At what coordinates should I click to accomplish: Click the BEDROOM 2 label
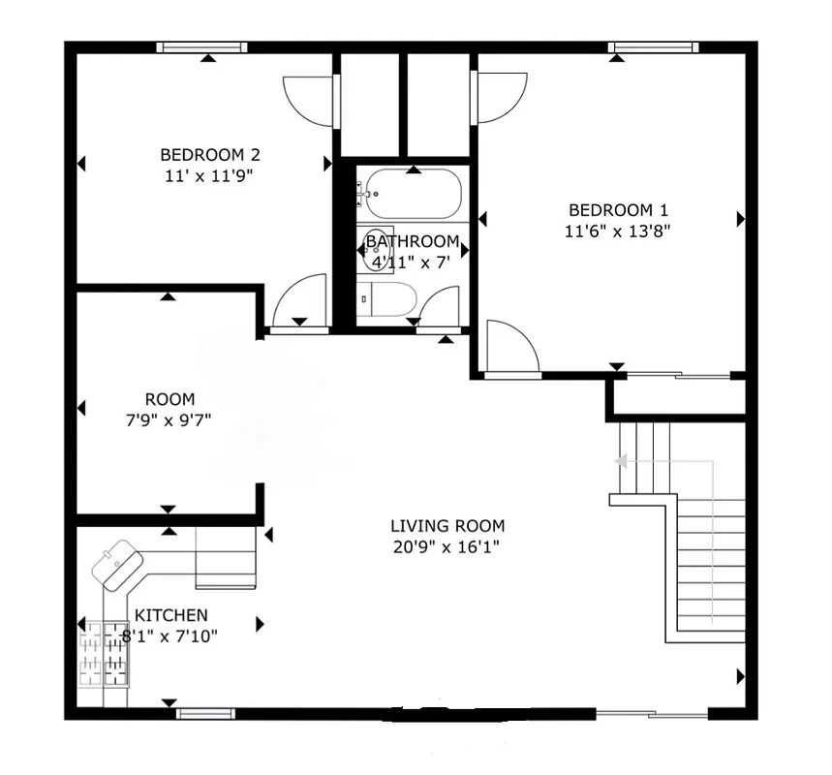coord(210,154)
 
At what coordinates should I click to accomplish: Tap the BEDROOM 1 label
coord(618,210)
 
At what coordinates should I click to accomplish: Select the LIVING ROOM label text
coord(447,526)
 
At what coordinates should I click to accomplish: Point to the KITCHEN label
coord(170,615)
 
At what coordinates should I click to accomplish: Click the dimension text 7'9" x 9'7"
coord(169,419)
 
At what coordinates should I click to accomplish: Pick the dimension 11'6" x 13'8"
coord(618,231)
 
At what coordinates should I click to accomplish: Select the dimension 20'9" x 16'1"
coord(447,546)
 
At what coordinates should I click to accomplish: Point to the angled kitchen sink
coord(118,563)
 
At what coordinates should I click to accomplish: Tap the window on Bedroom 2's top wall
coord(201,46)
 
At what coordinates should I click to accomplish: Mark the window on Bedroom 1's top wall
coord(655,46)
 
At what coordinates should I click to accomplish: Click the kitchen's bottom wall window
coord(206,715)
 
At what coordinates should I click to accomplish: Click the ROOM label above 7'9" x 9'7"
coord(169,399)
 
